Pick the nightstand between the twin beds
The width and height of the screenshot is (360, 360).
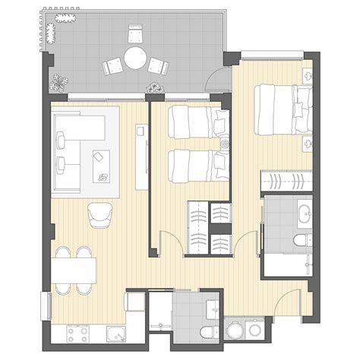(225, 144)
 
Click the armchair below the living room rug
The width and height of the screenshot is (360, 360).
(99, 215)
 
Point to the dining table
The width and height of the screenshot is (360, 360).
(74, 270)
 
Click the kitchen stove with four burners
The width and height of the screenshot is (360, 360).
(78, 333)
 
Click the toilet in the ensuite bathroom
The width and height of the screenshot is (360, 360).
(300, 242)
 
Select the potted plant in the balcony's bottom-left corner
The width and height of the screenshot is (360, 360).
(59, 80)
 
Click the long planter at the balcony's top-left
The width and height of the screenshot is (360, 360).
(51, 32)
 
